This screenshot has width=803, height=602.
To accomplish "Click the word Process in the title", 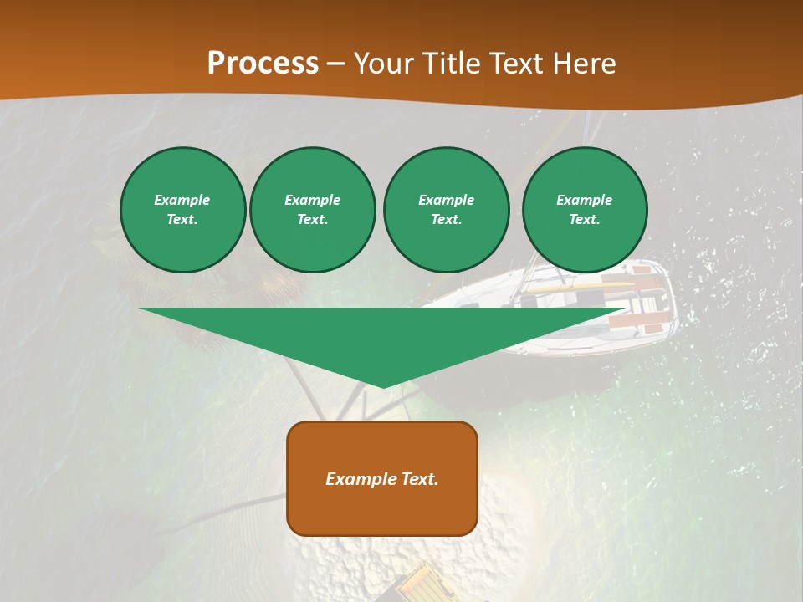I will coord(263,63).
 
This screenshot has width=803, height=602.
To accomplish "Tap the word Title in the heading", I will coord(449,63).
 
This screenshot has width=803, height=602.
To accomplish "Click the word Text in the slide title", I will coord(514,63).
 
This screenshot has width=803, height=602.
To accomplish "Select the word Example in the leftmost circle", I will coord(182,200).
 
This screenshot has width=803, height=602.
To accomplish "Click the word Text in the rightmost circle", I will coord(584,219).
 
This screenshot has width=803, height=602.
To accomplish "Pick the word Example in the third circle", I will coord(446,200).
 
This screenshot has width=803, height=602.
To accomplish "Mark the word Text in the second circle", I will coord(312,219).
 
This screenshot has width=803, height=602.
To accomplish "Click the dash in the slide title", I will coord(335,64).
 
